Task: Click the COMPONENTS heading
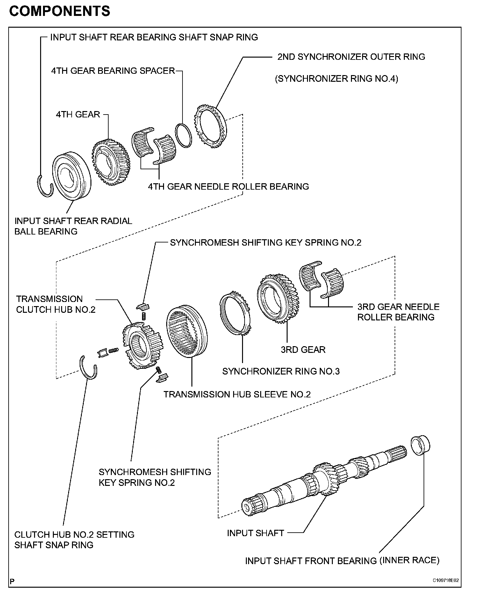[x=60, y=11]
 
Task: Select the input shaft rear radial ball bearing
[x=72, y=177]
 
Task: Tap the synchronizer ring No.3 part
[x=235, y=313]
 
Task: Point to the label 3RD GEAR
[x=303, y=350]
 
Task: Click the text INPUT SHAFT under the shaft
[x=255, y=533]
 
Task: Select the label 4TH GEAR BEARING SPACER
[x=113, y=71]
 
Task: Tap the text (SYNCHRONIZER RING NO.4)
[x=337, y=79]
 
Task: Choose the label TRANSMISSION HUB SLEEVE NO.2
[x=237, y=395]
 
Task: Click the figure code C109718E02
[x=446, y=580]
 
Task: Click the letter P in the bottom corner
[x=12, y=582]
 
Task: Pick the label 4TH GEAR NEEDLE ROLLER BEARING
[x=228, y=186]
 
